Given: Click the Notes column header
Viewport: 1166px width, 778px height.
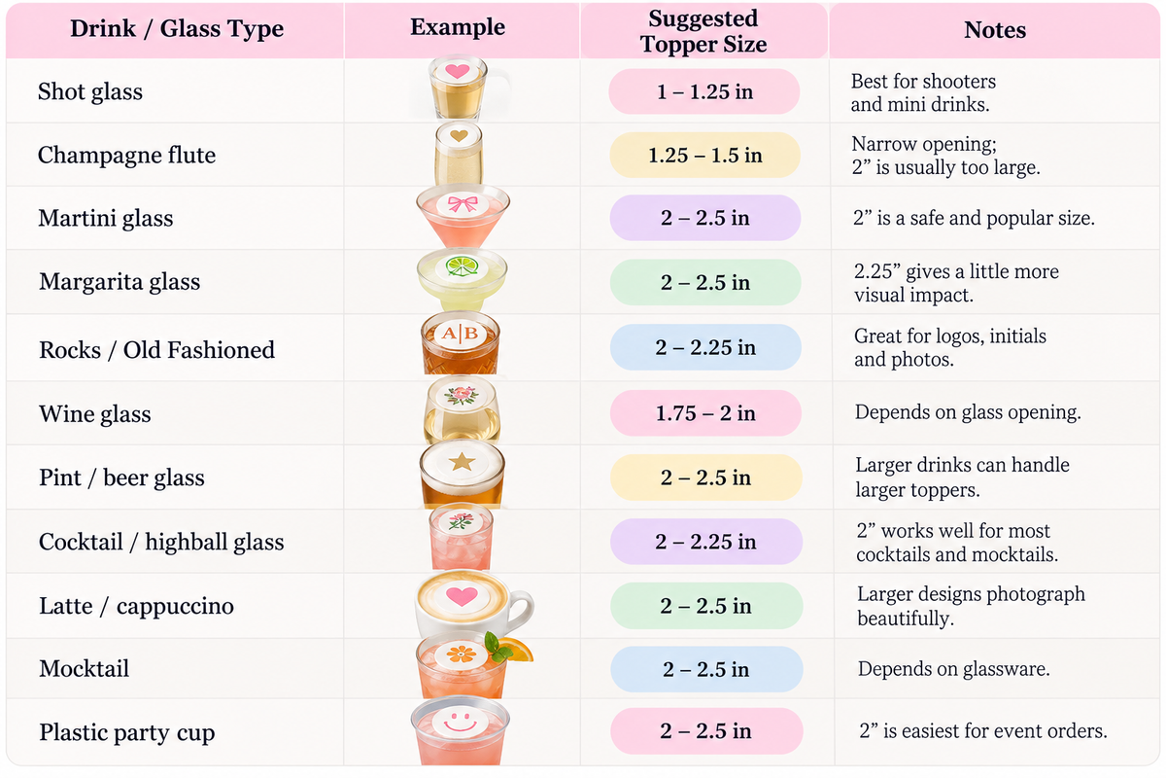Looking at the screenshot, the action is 995,30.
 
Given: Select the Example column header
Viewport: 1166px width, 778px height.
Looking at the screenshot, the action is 458,27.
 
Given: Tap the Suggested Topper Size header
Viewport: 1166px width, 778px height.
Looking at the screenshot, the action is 703,31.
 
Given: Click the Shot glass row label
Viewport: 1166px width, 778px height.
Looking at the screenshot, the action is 90,91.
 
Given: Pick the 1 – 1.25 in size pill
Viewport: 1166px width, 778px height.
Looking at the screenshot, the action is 704,91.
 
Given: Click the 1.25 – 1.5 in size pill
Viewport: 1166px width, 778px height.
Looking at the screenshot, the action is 704,155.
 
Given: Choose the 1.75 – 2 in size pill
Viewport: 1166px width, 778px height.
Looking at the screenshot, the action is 705,413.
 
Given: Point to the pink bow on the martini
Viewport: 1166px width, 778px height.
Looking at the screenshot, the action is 463,204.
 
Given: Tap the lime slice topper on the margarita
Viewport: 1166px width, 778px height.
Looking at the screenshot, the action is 463,266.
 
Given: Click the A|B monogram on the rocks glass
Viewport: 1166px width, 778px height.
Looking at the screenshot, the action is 461,333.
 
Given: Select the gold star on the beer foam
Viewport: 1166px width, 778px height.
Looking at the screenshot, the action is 462,461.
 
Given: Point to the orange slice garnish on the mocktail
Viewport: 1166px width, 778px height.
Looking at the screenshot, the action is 519,650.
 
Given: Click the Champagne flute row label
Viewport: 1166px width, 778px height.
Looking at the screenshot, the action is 126,156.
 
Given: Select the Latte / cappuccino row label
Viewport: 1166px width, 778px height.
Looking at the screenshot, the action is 136,606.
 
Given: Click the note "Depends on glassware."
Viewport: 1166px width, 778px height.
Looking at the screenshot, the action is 953,669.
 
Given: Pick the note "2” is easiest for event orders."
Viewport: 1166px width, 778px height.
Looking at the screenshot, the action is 983,731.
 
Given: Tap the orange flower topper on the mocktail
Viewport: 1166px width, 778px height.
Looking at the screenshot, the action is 462,654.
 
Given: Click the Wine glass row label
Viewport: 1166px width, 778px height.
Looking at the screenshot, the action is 95,414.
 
